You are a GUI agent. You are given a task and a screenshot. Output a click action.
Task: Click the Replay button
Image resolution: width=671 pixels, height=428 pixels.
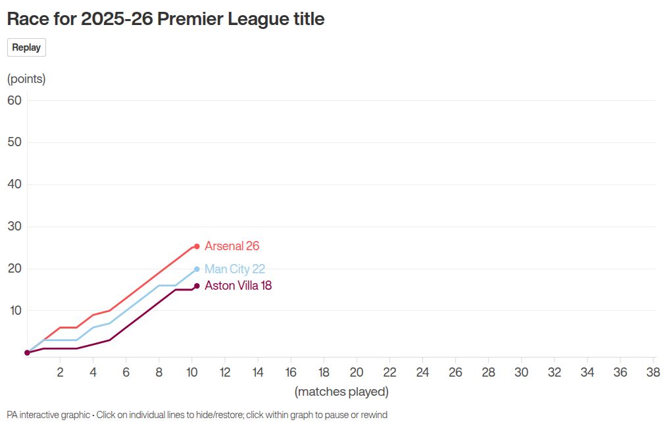[26, 47]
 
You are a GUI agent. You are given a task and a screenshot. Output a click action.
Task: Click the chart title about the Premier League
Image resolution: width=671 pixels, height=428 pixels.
[166, 19]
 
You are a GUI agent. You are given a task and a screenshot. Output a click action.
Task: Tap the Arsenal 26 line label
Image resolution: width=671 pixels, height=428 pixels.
[232, 246]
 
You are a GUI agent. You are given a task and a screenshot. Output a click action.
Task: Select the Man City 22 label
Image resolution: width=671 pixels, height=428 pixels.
[235, 269]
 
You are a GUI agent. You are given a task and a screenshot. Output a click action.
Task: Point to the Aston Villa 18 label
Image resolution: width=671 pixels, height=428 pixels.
[238, 286]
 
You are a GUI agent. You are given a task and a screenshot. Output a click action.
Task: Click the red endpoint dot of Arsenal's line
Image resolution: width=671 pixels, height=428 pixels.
[197, 246]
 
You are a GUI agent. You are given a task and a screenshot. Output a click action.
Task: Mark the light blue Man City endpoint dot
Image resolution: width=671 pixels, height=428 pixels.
[197, 269]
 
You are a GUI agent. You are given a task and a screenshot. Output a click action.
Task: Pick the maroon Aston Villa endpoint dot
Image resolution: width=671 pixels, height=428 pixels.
[197, 286]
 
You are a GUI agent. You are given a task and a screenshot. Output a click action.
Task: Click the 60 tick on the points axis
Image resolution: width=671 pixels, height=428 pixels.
[14, 100]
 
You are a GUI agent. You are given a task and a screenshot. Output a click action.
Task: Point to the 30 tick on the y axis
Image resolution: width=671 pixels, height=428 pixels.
[14, 227]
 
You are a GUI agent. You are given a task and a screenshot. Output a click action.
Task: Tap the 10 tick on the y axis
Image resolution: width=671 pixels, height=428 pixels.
[14, 310]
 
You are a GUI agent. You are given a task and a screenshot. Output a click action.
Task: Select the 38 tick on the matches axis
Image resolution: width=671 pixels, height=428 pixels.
[653, 372]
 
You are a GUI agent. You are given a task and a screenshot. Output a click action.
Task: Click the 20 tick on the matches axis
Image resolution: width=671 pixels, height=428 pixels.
[357, 372]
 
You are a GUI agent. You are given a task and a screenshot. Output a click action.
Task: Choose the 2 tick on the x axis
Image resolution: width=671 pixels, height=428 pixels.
[60, 372]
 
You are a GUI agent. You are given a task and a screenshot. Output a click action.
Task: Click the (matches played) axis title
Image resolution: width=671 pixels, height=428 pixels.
[341, 392]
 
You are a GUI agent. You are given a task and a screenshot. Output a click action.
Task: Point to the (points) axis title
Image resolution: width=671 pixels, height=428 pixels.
[26, 79]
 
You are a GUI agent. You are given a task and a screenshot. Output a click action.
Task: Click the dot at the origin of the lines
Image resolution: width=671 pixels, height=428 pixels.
[27, 353]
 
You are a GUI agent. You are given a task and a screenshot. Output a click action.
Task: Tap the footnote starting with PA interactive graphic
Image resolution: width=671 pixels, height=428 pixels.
[197, 415]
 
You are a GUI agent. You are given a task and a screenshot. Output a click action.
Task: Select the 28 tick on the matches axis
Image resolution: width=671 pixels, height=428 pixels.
[488, 372]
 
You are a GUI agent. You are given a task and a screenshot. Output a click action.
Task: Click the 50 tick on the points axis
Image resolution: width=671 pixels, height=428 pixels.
[14, 142]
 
